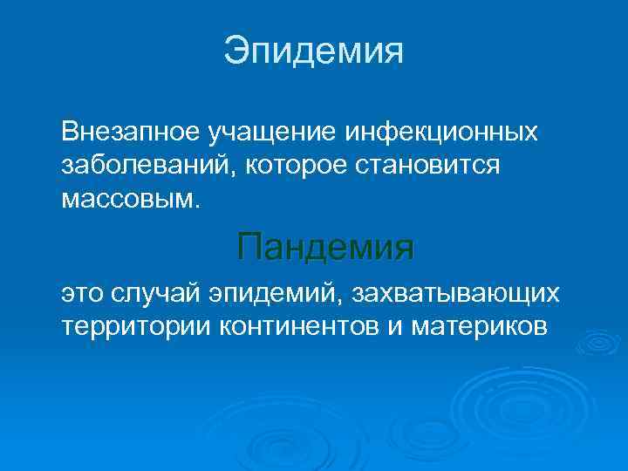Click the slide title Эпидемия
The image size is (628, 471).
(x=314, y=50)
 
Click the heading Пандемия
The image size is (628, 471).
(x=325, y=248)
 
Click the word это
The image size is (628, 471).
(x=83, y=293)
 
